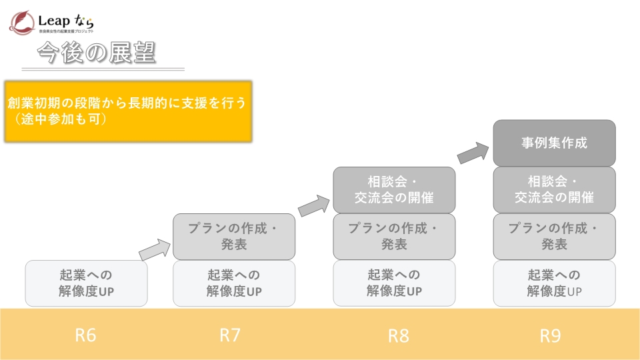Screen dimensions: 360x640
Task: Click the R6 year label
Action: point(85,335)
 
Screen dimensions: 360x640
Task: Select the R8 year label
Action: point(398,335)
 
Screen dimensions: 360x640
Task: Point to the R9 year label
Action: point(550,335)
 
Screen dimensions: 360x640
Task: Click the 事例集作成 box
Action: point(554,143)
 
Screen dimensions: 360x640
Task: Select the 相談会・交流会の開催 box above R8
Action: point(394,189)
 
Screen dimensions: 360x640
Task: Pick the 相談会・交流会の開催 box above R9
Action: point(554,189)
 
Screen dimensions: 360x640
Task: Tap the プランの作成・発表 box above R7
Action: point(234,236)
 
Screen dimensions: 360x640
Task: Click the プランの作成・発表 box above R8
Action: point(394,236)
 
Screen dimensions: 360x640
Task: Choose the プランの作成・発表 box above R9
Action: point(554,236)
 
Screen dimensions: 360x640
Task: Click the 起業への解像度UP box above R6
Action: point(87,283)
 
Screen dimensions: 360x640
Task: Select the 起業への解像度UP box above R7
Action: point(234,283)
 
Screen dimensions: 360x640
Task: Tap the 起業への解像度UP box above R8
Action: point(394,283)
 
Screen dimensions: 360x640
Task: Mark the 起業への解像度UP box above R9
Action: point(554,283)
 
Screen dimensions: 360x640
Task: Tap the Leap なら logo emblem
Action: point(23,21)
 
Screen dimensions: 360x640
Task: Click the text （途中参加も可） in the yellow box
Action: point(59,120)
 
